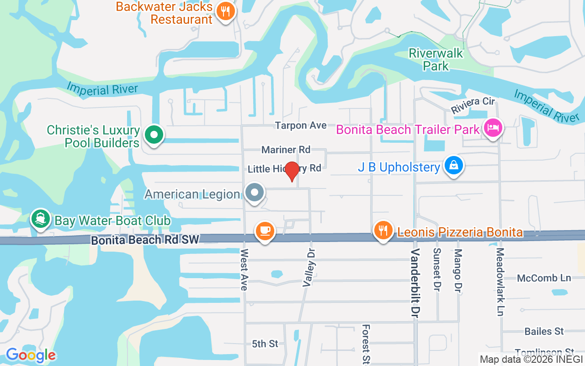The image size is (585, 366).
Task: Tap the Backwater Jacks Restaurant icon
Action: click(x=225, y=11)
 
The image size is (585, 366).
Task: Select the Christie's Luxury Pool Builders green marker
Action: click(x=154, y=135)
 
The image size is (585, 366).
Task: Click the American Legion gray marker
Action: click(x=255, y=193)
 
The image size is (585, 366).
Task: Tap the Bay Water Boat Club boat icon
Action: click(x=41, y=219)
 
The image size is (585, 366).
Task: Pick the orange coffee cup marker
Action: click(x=265, y=230)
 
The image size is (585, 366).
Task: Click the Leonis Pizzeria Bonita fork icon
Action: click(x=383, y=230)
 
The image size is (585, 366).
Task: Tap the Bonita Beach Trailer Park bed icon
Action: click(x=493, y=128)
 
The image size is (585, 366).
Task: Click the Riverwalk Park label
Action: click(x=436, y=59)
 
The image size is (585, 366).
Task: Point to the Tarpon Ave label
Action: click(x=301, y=125)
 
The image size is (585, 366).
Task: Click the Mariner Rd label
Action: click(x=286, y=150)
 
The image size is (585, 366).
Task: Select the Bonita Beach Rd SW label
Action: click(x=145, y=240)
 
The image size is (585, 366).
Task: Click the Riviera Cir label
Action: click(x=473, y=106)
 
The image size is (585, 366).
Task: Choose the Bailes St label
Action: click(x=544, y=331)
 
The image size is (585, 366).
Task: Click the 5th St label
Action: click(x=265, y=344)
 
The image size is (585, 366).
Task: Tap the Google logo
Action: click(x=31, y=355)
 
